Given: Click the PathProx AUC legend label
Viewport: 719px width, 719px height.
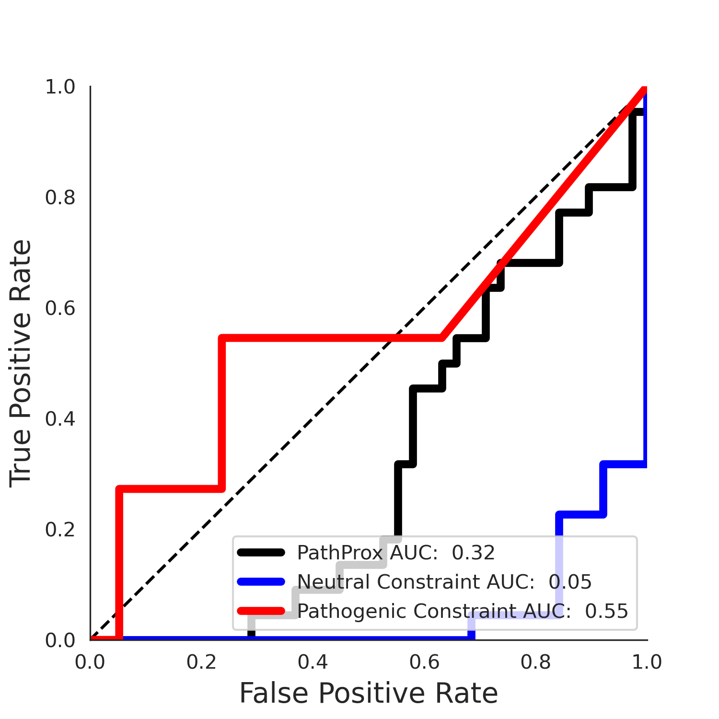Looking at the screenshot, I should (395, 553).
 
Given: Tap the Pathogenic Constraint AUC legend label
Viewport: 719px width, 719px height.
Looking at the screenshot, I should (462, 611).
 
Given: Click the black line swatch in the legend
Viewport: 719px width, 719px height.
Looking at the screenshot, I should (261, 553).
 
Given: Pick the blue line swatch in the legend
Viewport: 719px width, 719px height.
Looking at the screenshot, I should (261, 582).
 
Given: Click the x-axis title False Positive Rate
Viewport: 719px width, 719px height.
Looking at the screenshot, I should (369, 693).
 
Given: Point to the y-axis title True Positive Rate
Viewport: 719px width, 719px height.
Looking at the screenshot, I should (21, 363).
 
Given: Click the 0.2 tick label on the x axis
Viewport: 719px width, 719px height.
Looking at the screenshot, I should (201, 662).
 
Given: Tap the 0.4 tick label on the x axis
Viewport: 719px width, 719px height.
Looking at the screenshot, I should (313, 662).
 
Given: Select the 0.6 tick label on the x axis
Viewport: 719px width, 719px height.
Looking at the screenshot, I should (424, 662).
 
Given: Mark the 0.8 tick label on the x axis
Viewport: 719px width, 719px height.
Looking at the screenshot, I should (536, 662).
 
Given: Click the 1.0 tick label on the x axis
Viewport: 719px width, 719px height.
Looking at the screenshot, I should (647, 662).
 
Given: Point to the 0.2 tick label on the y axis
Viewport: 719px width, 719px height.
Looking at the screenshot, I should (60, 530).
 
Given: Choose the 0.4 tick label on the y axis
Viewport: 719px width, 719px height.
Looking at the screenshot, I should (60, 419).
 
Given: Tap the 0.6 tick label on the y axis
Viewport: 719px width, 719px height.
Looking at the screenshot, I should (60, 308).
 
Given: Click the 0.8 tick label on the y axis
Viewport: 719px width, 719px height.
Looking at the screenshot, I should (60, 197).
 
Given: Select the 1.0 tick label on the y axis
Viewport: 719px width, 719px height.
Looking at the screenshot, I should (60, 87).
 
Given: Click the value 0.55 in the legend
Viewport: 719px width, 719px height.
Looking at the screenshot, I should (606, 611).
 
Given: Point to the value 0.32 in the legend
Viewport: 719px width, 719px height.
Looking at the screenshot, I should (473, 553).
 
